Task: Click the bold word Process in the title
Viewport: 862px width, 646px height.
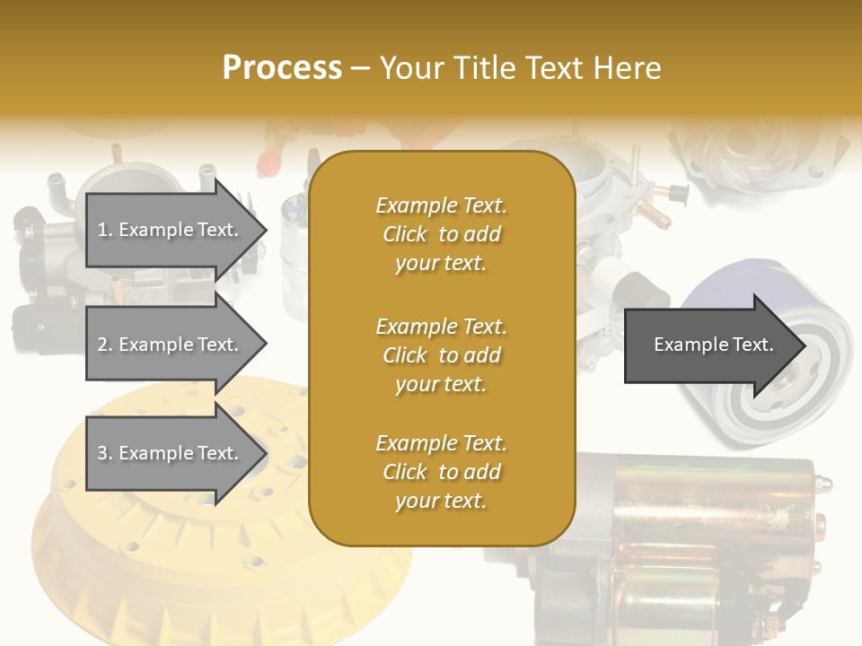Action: [x=282, y=67]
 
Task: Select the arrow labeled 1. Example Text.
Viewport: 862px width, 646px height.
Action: [x=171, y=230]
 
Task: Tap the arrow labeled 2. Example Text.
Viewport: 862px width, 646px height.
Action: [x=171, y=345]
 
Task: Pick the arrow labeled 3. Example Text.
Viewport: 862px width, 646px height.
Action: [x=171, y=453]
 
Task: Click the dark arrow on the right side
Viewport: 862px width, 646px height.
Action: [x=709, y=345]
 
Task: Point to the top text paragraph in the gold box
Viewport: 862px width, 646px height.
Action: [x=441, y=234]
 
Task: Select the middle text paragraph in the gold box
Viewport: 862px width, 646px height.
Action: [x=441, y=354]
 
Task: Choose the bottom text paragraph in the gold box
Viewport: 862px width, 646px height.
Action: [x=441, y=472]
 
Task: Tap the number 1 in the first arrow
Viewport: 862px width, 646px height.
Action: [x=101, y=230]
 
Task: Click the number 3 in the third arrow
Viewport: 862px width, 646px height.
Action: [x=101, y=453]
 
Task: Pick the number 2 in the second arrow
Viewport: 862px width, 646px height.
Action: [x=101, y=345]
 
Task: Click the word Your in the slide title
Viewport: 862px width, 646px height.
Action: [x=409, y=67]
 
